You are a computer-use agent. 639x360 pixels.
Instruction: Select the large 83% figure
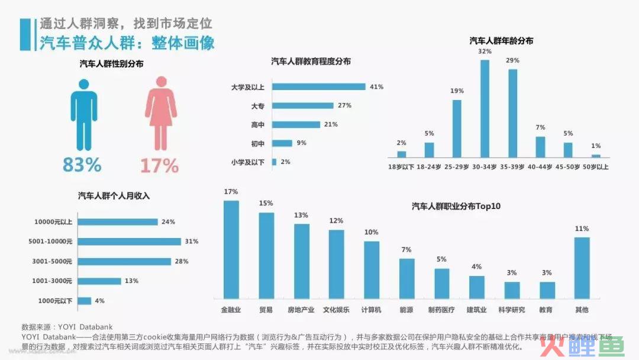pos(82,165)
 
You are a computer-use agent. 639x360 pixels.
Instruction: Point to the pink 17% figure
pos(159,165)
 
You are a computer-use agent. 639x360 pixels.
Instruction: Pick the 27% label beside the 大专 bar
pos(344,105)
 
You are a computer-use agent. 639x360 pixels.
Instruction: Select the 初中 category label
pos(257,143)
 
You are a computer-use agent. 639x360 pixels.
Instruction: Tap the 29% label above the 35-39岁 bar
pos(512,60)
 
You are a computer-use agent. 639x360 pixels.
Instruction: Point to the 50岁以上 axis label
pos(595,167)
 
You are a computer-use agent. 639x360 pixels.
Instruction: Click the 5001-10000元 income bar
pos(130,242)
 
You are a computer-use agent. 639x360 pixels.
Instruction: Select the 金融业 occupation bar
pos(231,249)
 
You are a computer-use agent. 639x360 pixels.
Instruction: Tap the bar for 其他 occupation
pos(582,268)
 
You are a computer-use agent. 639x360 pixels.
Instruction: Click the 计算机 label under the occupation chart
pos(372,310)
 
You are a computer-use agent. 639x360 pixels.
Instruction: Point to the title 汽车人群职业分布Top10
pos(456,206)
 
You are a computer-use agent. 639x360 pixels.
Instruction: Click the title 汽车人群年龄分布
pos(501,41)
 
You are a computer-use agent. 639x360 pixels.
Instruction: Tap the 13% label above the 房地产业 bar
pos(301,215)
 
